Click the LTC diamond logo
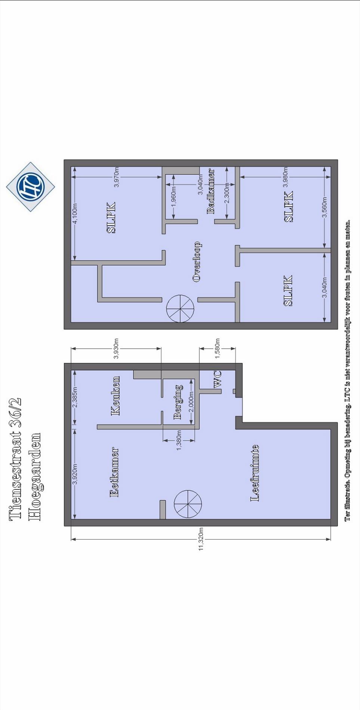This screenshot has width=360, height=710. pyautogui.click(x=31, y=186)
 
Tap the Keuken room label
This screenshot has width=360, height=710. pyautogui.click(x=116, y=396)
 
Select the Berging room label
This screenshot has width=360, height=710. pyautogui.click(x=178, y=402)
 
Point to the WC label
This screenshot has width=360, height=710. pyautogui.click(x=217, y=379)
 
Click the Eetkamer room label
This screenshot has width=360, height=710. pyautogui.click(x=114, y=472)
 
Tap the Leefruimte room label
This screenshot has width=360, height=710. pyautogui.click(x=255, y=473)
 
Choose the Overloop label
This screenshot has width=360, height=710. pyautogui.click(x=197, y=262)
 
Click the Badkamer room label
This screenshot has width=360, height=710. pyautogui.click(x=211, y=191)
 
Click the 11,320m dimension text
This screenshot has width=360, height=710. pyautogui.click(x=201, y=539)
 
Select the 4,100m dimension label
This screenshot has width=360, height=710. pyautogui.click(x=75, y=214)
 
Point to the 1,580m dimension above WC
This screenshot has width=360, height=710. pyautogui.click(x=217, y=349)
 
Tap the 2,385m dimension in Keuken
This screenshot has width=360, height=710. pyautogui.click(x=75, y=397)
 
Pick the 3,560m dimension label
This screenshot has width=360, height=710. pyautogui.click(x=324, y=207)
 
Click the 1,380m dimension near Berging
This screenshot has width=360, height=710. pyautogui.click(x=179, y=440)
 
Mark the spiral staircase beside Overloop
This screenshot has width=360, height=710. pyautogui.click(x=180, y=309)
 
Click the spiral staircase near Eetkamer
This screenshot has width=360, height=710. pyautogui.click(x=188, y=504)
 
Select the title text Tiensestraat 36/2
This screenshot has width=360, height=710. pyautogui.click(x=15, y=459)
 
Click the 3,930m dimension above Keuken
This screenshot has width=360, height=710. pyautogui.click(x=116, y=349)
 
